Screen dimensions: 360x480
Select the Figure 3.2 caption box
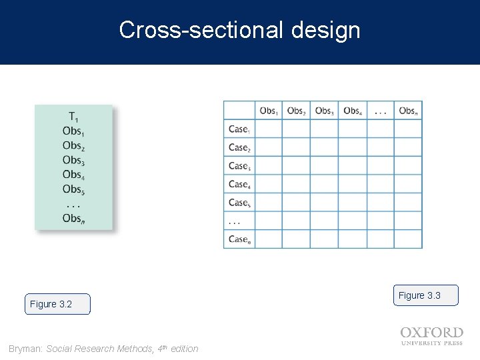[57, 304]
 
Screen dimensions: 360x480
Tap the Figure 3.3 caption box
[425, 295]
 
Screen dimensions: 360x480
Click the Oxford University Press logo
[431, 336]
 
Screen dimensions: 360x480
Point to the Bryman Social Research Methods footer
[103, 349]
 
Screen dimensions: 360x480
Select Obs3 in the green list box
[73, 160]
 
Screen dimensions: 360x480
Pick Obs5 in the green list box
[73, 189]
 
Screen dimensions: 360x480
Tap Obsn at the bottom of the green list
[73, 218]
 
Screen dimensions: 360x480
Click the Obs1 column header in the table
[268, 111]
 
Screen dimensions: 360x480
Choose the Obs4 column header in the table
[352, 111]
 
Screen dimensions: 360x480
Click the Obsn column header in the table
[408, 111]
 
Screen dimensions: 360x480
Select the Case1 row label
[239, 129]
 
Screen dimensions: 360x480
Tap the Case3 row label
[239, 165]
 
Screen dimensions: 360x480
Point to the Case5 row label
[239, 202]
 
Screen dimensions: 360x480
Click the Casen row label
[239, 239]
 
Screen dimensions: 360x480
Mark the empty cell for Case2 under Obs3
[324, 147]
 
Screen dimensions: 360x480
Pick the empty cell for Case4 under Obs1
[268, 184]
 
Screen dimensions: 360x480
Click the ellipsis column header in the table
[380, 111]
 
